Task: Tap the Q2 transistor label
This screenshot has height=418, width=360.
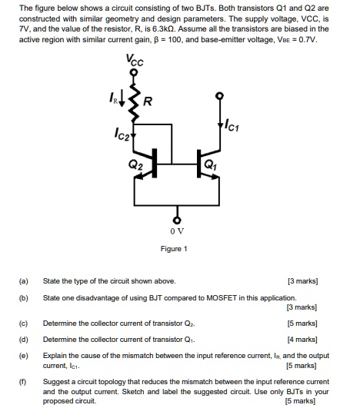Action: (x=136, y=164)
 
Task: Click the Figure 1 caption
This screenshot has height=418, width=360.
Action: (x=175, y=248)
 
